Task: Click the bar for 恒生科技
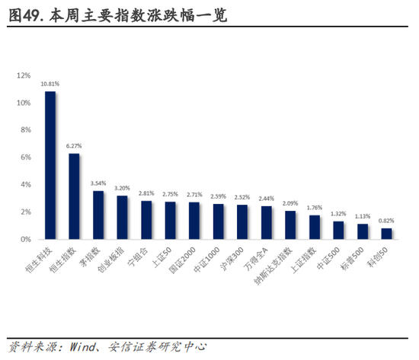pos(50,165)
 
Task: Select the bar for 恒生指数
pos(75,196)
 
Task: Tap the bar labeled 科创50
pos(387,234)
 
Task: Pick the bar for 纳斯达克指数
pos(291,225)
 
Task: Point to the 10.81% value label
pos(50,83)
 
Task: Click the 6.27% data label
pos(75,145)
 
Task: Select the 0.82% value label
pos(387,221)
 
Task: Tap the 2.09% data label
pos(291,203)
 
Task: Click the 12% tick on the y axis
pos(24,75)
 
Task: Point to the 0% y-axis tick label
pos(25,239)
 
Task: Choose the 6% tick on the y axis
pos(25,158)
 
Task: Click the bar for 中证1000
pos(219,221)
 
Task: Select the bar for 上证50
pos(171,220)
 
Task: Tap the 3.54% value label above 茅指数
pos(98,183)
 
